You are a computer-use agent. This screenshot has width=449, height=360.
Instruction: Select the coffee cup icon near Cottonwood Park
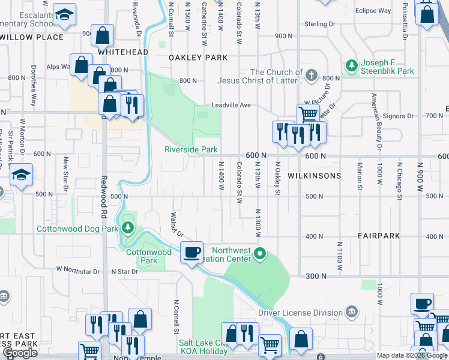pyautogui.click(x=191, y=253)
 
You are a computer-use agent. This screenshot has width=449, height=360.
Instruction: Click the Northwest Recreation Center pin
pyautogui.click(x=259, y=253)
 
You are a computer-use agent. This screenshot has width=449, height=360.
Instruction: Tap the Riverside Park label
pyautogui.click(x=191, y=149)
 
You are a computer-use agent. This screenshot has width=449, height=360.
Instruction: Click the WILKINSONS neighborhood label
pyautogui.click(x=314, y=176)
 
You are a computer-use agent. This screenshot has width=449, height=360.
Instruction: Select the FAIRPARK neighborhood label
pyautogui.click(x=378, y=236)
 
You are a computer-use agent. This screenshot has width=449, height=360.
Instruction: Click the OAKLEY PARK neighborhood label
pyautogui.click(x=198, y=58)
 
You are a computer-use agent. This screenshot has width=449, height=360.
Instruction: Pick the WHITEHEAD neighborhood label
pyautogui.click(x=122, y=52)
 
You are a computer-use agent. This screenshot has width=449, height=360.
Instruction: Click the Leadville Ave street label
pyautogui.click(x=231, y=106)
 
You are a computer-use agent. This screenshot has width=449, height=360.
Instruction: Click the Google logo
pyautogui.click(x=20, y=353)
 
